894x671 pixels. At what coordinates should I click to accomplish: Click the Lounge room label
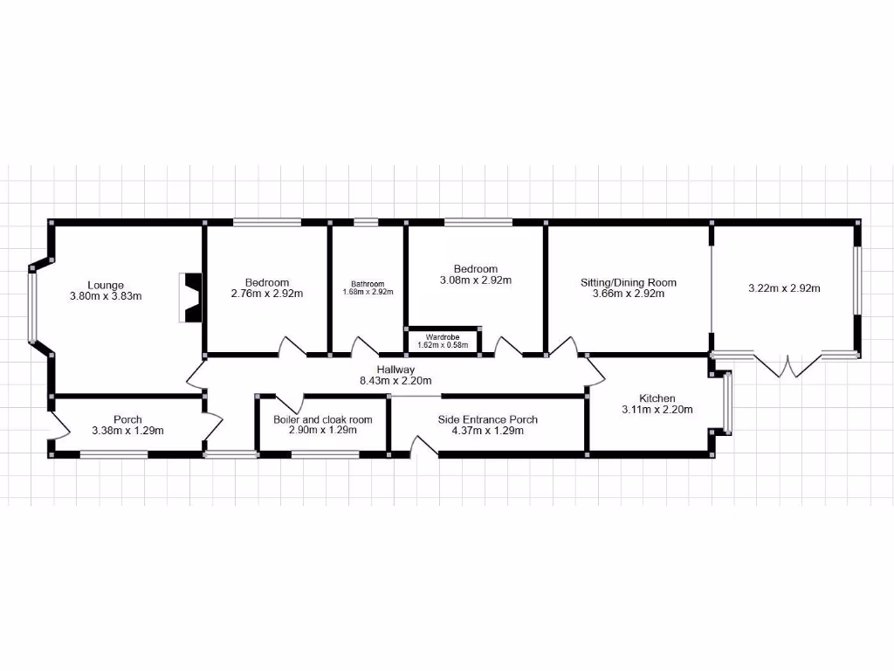[106, 285]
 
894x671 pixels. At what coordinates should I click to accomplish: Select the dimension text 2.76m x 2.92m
[266, 294]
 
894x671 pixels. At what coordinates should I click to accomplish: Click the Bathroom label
[368, 284]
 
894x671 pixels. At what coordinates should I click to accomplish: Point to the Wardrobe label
[443, 336]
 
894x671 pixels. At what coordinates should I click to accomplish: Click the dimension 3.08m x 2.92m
[475, 280]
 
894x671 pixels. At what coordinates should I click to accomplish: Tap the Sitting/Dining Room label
[629, 282]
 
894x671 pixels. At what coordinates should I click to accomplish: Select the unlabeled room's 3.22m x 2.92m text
[784, 287]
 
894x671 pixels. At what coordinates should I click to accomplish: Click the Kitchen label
[656, 398]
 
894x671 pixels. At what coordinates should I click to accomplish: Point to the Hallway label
[395, 370]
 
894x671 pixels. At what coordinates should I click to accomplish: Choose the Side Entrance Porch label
[487, 419]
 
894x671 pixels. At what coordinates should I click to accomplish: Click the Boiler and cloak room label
[322, 419]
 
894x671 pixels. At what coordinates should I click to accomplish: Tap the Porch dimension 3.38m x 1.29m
[127, 431]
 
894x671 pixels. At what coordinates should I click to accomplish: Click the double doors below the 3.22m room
[788, 366]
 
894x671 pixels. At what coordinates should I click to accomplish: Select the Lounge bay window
[32, 306]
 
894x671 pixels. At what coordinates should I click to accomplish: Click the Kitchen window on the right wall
[727, 403]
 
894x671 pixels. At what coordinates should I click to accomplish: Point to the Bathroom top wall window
[367, 222]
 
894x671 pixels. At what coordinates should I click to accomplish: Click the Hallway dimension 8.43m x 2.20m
[395, 381]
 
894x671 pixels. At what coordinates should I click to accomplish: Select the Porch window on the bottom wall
[114, 453]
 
